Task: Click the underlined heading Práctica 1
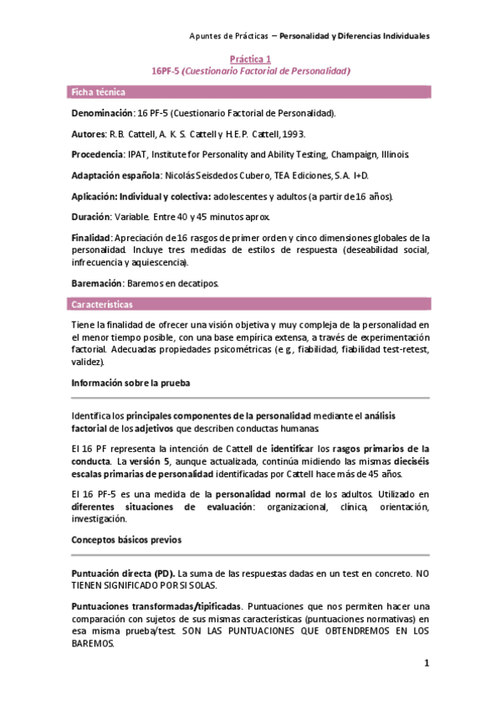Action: [x=250, y=59]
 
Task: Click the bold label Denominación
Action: [x=102, y=112]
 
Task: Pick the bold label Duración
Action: [x=91, y=217]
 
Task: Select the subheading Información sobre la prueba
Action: [x=130, y=383]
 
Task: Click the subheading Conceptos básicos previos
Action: [x=124, y=540]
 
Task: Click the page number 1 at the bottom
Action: [x=426, y=664]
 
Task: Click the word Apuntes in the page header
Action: [x=207, y=36]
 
